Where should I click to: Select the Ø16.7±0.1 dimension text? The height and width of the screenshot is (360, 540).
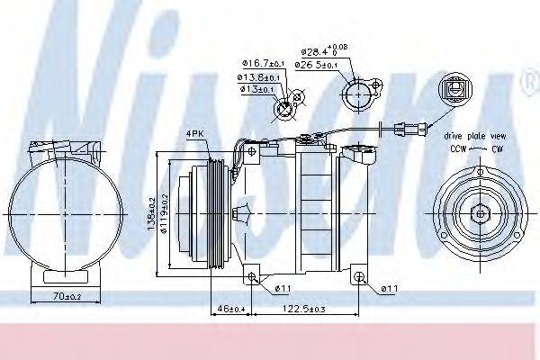point(261,63)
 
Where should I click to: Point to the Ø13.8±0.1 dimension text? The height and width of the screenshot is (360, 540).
point(259,76)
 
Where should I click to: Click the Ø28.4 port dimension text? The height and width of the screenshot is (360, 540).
point(323,51)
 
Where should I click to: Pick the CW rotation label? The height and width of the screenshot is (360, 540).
point(494,147)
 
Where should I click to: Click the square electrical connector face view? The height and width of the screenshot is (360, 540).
point(451,92)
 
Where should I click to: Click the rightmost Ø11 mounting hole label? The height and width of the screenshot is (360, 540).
point(388,288)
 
